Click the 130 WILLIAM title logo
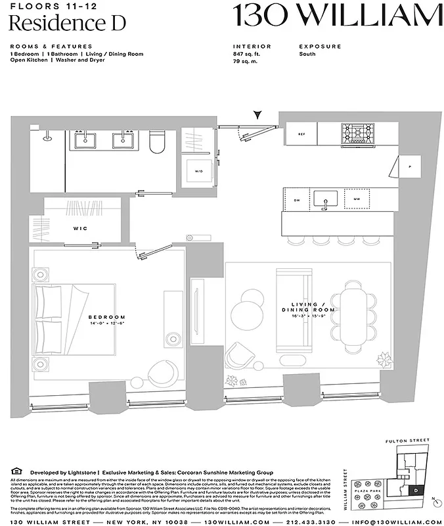[338, 15]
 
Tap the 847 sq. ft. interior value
[247, 54]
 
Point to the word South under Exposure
[307, 54]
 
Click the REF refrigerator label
[301, 134]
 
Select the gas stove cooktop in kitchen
[358, 133]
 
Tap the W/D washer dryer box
[198, 171]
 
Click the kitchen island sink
[325, 199]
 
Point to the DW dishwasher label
[296, 200]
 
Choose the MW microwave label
[357, 200]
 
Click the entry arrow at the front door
[261, 115]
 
